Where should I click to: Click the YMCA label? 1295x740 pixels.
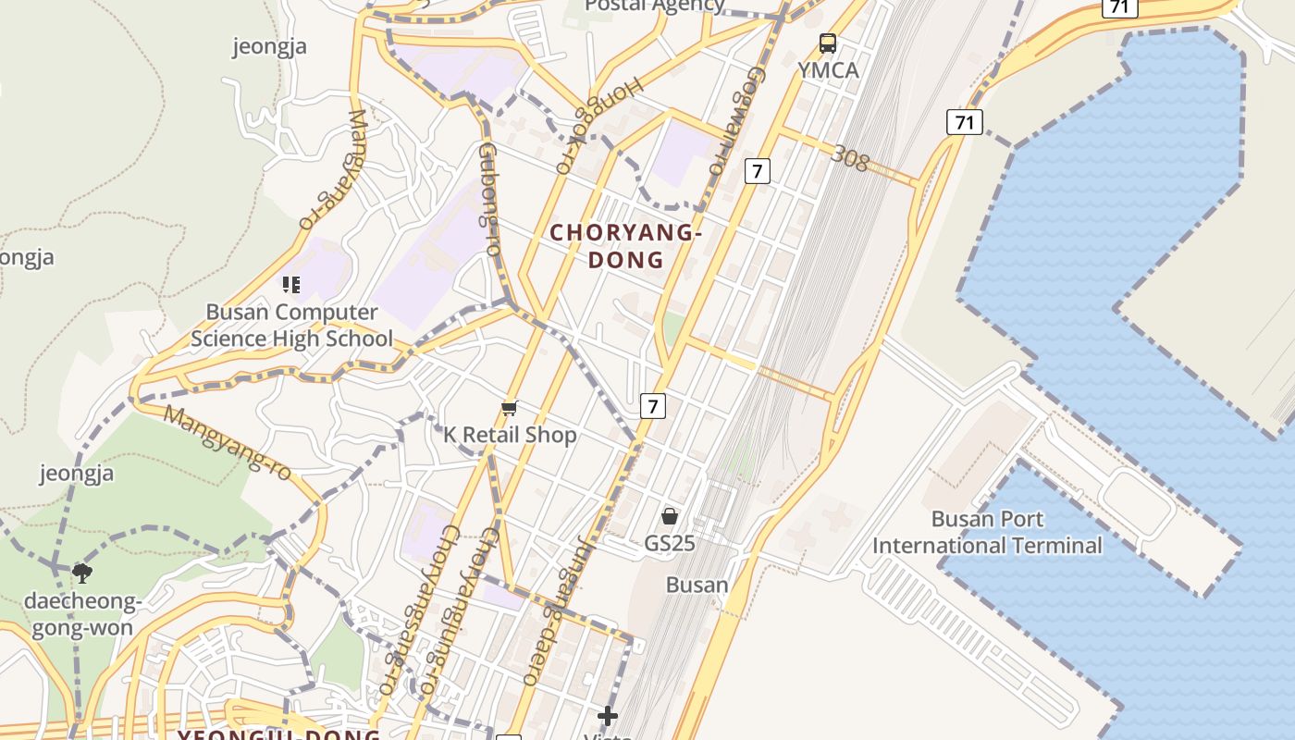[828, 70]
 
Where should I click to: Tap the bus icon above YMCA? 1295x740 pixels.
[828, 43]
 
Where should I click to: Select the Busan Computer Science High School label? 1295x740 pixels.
[291, 326]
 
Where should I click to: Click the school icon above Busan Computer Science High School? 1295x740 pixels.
[291, 285]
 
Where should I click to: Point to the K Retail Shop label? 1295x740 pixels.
[510, 435]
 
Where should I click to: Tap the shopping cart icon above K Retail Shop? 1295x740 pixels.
[509, 408]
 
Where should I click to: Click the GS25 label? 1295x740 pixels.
[670, 543]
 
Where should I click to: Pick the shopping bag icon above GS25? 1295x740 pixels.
[670, 516]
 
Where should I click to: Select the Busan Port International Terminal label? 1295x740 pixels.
[987, 533]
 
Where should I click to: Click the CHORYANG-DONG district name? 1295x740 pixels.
[626, 246]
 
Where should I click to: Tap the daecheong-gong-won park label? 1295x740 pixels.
[81, 615]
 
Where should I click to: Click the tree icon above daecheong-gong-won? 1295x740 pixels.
[82, 573]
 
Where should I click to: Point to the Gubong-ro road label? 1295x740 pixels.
[489, 198]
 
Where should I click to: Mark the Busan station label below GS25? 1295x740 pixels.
[697, 585]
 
